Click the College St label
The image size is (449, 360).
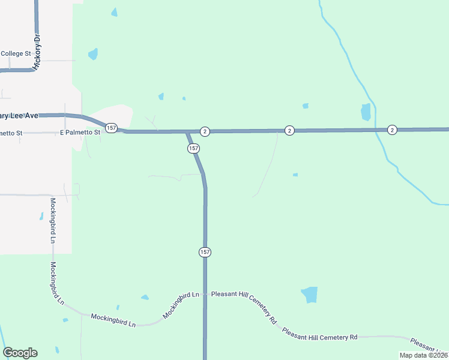pyautogui.click(x=16, y=53)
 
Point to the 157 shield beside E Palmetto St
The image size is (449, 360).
pyautogui.click(x=111, y=128)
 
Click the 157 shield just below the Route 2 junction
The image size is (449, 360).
pyautogui.click(x=193, y=148)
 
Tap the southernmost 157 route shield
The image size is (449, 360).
pyautogui.click(x=205, y=252)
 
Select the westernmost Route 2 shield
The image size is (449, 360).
pyautogui.click(x=205, y=131)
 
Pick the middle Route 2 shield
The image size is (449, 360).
pyautogui.click(x=289, y=130)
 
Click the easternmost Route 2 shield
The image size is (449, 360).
pyautogui.click(x=392, y=130)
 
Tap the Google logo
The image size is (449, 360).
pyautogui.click(x=20, y=353)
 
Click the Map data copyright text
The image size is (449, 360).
pyautogui.click(x=423, y=355)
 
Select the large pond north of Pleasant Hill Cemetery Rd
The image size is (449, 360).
pyautogui.click(x=309, y=295)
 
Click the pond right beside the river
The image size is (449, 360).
pyautogui.click(x=366, y=112)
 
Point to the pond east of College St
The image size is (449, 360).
pyautogui.click(x=93, y=54)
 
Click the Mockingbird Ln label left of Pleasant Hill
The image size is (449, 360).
pyautogui.click(x=181, y=304)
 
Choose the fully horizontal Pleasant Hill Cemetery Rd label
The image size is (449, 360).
pyautogui.click(x=320, y=335)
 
